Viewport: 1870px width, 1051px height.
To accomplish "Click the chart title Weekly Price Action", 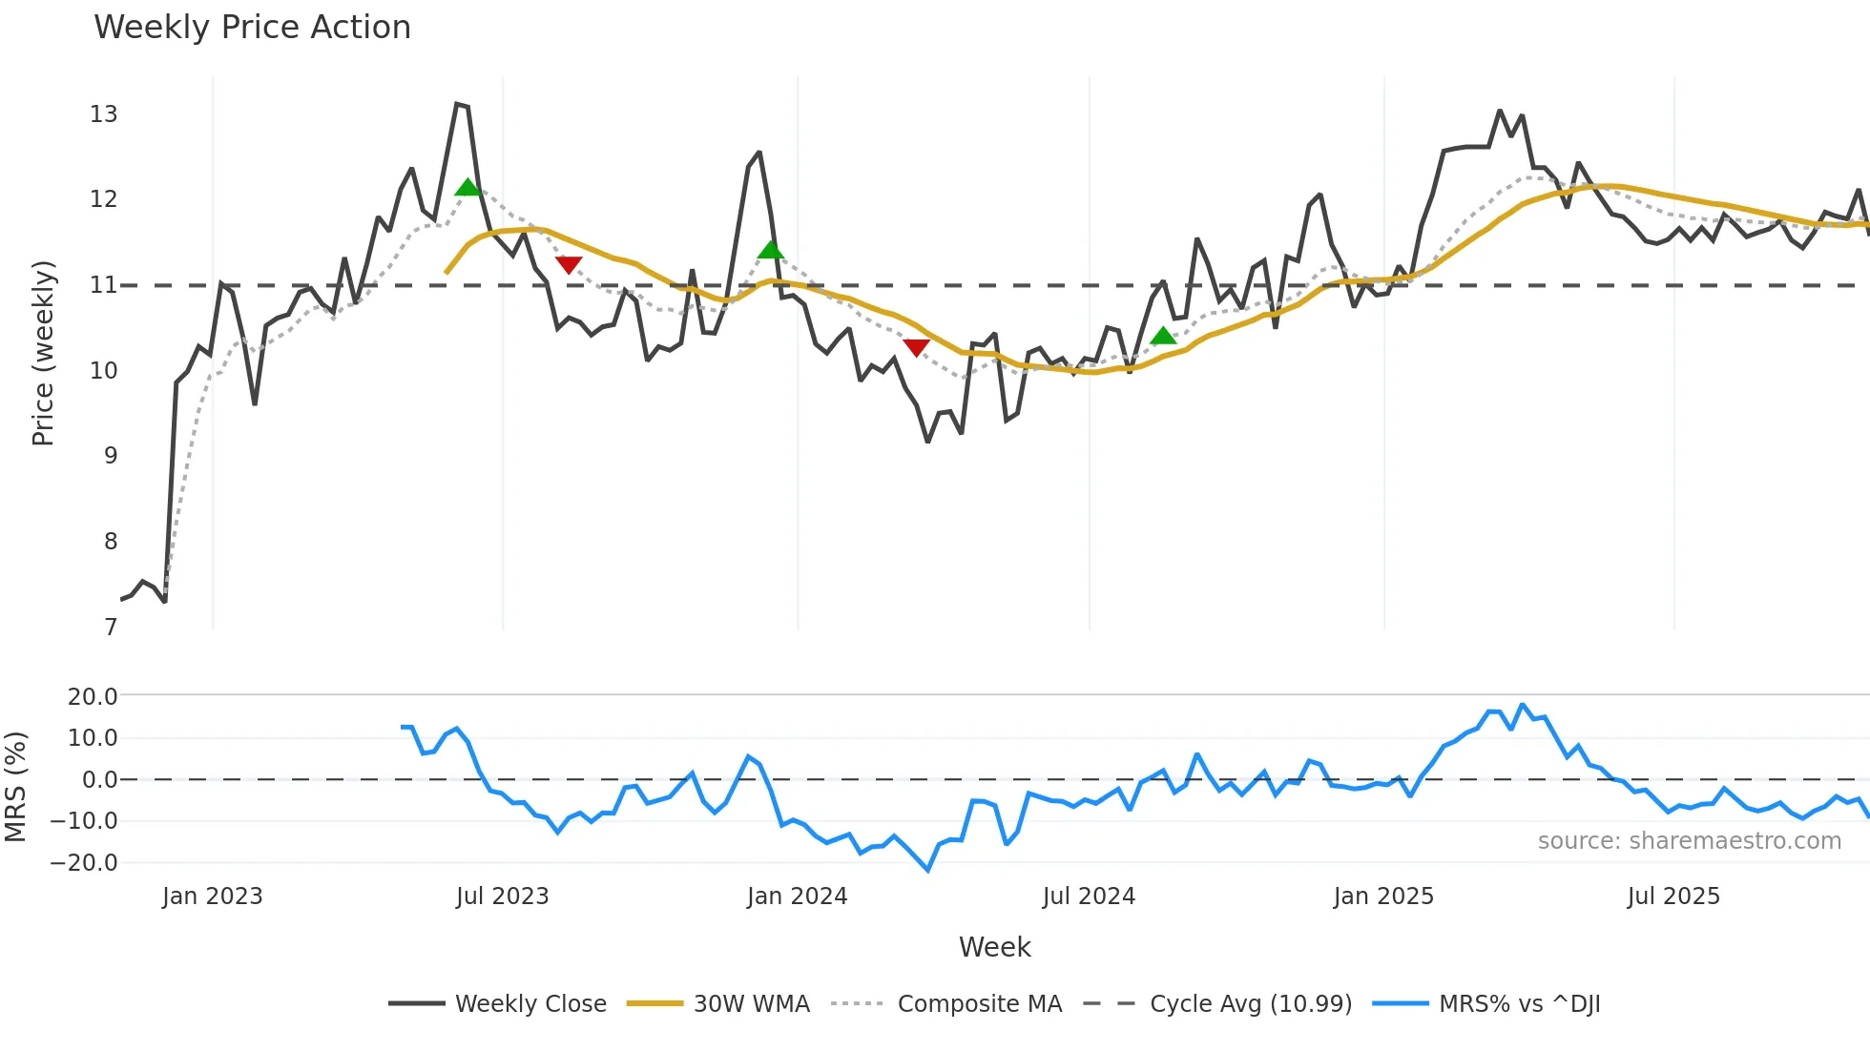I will pyautogui.click(x=252, y=27).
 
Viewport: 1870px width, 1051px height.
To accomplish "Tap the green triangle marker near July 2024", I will pyautogui.click(x=1162, y=336).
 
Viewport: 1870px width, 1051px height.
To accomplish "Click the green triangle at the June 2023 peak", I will pyautogui.click(x=467, y=187).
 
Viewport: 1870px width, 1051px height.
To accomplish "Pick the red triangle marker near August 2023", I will pyautogui.click(x=569, y=264).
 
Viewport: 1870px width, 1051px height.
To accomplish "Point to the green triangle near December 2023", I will pyautogui.click(x=771, y=250).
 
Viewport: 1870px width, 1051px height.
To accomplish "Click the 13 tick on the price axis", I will pyautogui.click(x=103, y=114).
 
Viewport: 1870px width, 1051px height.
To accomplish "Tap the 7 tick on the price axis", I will pyautogui.click(x=111, y=627).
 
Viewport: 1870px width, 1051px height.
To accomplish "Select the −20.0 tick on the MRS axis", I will pyautogui.click(x=84, y=862).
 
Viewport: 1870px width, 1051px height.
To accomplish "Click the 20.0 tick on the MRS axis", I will pyautogui.click(x=92, y=696).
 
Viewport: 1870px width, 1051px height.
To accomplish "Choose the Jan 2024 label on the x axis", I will pyautogui.click(x=797, y=896).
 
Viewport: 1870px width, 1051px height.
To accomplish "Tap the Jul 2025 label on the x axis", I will pyautogui.click(x=1673, y=896).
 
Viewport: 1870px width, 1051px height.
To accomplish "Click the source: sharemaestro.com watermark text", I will pyautogui.click(x=1689, y=840).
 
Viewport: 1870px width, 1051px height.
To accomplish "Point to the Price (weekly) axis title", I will pyautogui.click(x=43, y=353).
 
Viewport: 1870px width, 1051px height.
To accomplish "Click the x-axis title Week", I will pyautogui.click(x=994, y=947).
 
